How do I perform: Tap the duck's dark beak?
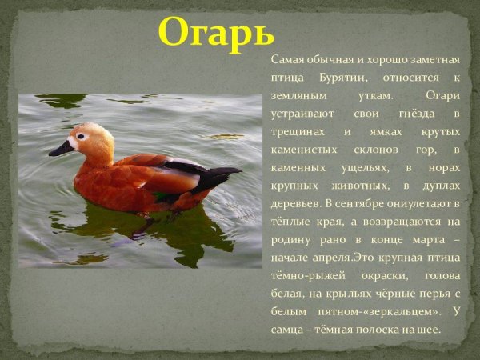[61, 149]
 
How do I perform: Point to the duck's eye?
[82, 136]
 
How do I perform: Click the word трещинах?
[296, 132]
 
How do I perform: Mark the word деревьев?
[296, 204]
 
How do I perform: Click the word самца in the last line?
[289, 328]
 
